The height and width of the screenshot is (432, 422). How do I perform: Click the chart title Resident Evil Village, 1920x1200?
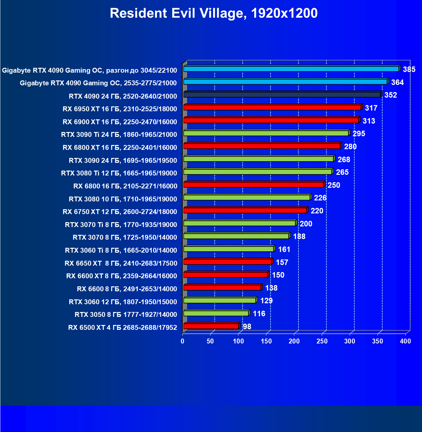(x=213, y=14)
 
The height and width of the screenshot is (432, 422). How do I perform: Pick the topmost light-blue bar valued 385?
(x=291, y=69)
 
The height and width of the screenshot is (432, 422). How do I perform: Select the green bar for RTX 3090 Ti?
(x=266, y=133)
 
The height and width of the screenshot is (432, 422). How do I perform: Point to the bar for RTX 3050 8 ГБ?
(x=216, y=313)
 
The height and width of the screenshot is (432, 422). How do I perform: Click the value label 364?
(x=397, y=82)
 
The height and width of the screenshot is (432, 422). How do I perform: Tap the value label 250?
(x=334, y=185)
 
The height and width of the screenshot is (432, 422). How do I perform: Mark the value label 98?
(x=247, y=327)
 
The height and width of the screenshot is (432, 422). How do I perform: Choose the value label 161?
(x=284, y=249)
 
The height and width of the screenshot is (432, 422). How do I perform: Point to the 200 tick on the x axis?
(x=294, y=341)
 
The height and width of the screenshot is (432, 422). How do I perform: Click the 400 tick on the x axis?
(x=405, y=341)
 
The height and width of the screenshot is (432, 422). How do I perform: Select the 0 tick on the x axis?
(x=183, y=341)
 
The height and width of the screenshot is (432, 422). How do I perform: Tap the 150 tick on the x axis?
(x=266, y=341)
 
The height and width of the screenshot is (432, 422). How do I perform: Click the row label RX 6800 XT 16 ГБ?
(x=120, y=148)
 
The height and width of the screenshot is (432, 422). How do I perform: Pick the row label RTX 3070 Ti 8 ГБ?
(x=121, y=225)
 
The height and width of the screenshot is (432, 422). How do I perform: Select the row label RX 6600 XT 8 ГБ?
(x=121, y=276)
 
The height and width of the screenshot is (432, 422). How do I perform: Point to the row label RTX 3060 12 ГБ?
(x=123, y=302)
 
